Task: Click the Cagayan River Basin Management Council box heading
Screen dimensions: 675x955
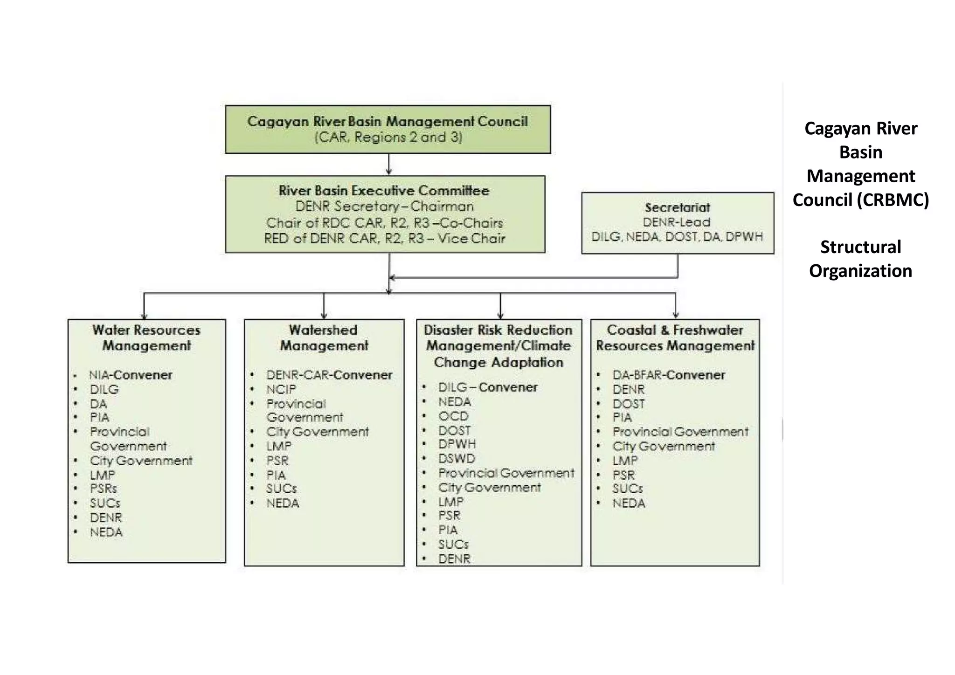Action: (x=388, y=121)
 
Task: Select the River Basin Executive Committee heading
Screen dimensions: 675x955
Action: (x=384, y=191)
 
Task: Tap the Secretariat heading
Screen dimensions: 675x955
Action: (x=677, y=207)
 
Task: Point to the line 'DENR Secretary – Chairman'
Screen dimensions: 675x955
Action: (x=384, y=207)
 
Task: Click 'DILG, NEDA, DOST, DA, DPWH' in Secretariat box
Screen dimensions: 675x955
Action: (x=677, y=237)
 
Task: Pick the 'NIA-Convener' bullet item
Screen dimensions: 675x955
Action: (x=131, y=375)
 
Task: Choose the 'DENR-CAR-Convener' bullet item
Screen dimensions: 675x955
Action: (x=329, y=375)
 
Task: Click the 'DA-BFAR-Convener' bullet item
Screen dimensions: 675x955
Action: (x=669, y=375)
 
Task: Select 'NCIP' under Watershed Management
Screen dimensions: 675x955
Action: (x=281, y=389)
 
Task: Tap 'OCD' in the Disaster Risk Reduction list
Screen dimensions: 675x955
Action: (x=453, y=416)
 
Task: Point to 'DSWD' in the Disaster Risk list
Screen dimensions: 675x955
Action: (x=457, y=459)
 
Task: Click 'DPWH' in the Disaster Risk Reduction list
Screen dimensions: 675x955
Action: (x=457, y=444)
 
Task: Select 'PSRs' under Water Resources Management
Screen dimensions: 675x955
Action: (x=104, y=489)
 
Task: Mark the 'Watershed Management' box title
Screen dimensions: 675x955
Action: (x=324, y=338)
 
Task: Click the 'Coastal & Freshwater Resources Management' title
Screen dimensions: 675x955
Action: (x=675, y=338)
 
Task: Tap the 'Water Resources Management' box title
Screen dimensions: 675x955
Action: (x=146, y=338)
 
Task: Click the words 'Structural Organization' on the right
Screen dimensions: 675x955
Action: (x=860, y=259)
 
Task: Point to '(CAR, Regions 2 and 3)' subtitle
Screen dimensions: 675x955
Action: (x=388, y=138)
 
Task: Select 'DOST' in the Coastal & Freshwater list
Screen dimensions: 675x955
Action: (x=629, y=404)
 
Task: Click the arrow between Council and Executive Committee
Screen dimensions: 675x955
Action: (x=389, y=165)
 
